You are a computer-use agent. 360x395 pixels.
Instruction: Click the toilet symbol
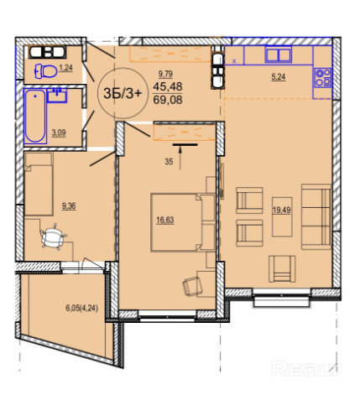click(45, 71)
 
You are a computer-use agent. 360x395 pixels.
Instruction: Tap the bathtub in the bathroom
click(35, 117)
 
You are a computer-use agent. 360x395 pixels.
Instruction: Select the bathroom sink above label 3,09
click(57, 95)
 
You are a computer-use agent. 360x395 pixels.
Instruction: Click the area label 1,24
click(65, 68)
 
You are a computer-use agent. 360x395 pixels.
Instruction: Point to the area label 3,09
click(59, 133)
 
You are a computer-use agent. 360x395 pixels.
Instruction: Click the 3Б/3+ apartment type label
click(123, 93)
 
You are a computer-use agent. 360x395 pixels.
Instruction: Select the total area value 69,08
click(168, 100)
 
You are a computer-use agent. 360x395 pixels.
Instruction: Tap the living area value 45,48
click(168, 86)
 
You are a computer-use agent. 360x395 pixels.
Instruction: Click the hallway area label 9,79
click(165, 74)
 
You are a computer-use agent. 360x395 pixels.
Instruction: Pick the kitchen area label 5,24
click(279, 76)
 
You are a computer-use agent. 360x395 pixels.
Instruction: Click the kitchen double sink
click(279, 55)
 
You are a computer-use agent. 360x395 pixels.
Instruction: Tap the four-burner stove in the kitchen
click(322, 77)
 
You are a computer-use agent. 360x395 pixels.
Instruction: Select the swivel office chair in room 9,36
click(53, 236)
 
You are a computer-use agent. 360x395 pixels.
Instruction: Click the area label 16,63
click(165, 221)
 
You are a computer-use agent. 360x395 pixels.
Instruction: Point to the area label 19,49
click(282, 210)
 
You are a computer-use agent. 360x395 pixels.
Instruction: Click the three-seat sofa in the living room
click(316, 216)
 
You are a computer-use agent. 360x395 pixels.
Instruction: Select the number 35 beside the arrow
click(169, 162)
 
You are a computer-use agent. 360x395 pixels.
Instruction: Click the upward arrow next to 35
click(180, 158)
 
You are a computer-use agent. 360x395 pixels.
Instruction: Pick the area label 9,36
click(69, 206)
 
